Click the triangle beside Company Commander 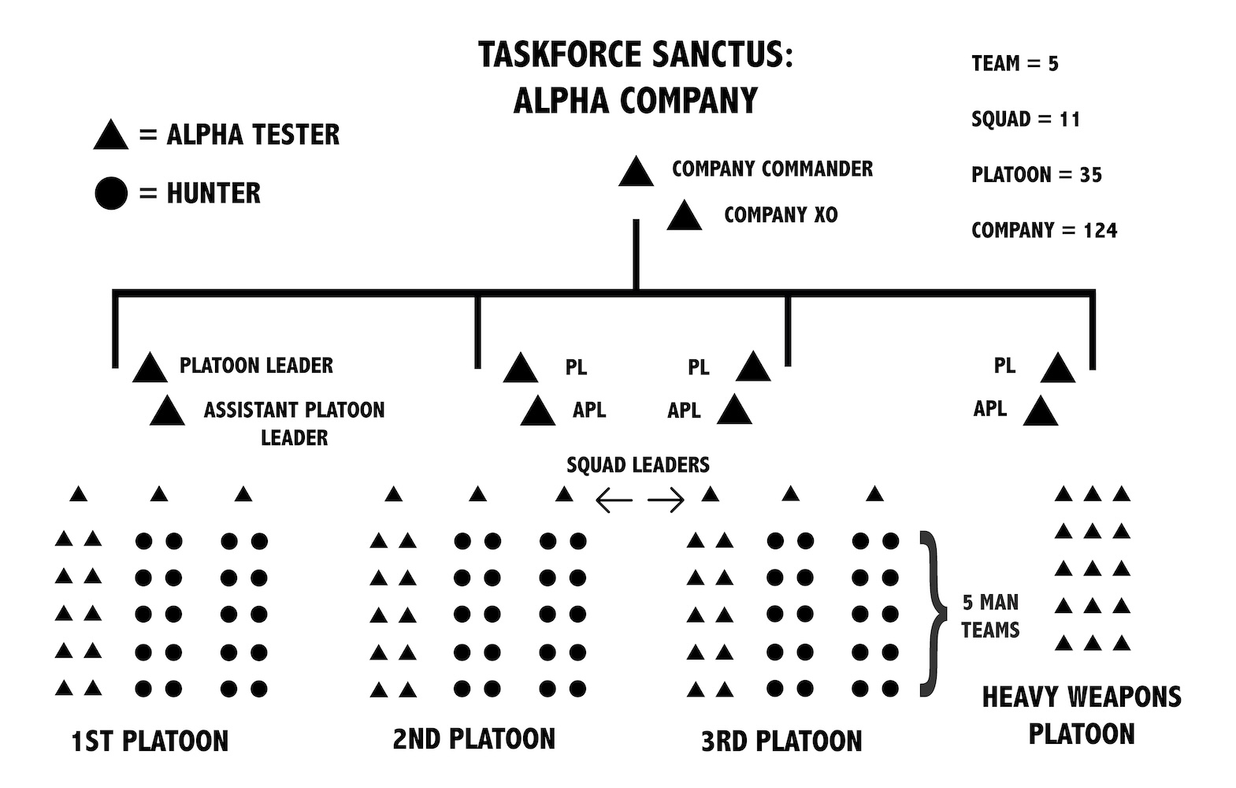point(636,173)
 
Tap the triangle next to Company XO point(684,217)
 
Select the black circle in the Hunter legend point(111,194)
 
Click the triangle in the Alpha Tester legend point(110,136)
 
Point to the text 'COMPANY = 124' point(1044,230)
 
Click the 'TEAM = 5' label point(1015,63)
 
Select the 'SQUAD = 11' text point(1025,119)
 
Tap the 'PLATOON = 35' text point(1036,174)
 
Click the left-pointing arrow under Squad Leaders point(614,500)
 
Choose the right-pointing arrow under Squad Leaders point(666,500)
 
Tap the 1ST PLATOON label point(150,742)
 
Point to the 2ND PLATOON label point(474,739)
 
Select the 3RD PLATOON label point(781,742)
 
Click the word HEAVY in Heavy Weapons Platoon point(1022,697)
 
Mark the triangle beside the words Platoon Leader point(150,369)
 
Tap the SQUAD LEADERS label point(638,465)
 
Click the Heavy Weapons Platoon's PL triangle point(1057,369)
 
